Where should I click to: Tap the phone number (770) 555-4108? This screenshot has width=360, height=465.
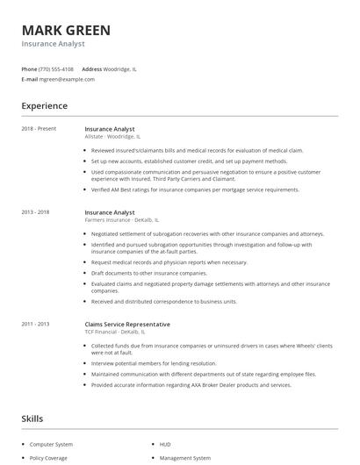[57, 68]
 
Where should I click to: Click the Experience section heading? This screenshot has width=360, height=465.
[45, 106]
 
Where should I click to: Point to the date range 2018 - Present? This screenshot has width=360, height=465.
[39, 129]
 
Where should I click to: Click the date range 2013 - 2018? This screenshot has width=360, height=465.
[36, 212]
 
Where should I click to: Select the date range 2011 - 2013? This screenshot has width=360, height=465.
[36, 324]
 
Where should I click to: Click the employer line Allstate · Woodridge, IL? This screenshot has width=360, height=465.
[112, 137]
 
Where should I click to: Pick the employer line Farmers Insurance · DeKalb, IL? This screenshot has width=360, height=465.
[122, 220]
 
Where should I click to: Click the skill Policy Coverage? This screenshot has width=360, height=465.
[48, 458]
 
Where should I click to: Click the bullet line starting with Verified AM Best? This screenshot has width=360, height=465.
[195, 190]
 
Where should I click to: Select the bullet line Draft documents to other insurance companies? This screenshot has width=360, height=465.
[143, 273]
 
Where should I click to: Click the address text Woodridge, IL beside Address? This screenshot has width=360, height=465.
[120, 68]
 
